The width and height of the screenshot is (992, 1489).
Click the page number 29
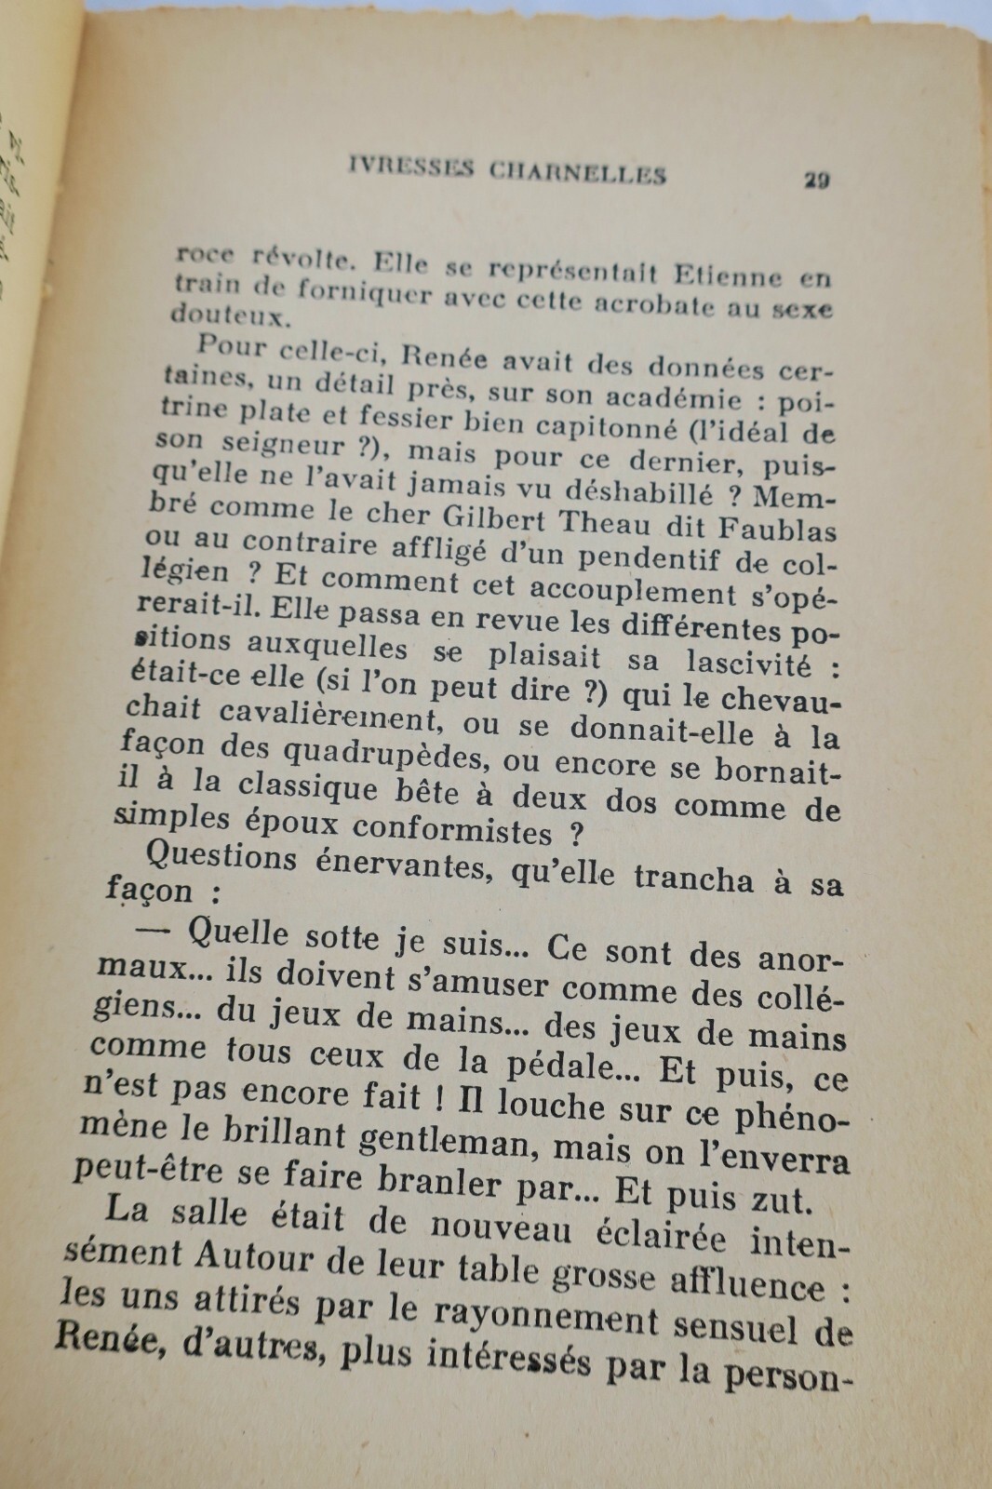(x=816, y=180)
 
